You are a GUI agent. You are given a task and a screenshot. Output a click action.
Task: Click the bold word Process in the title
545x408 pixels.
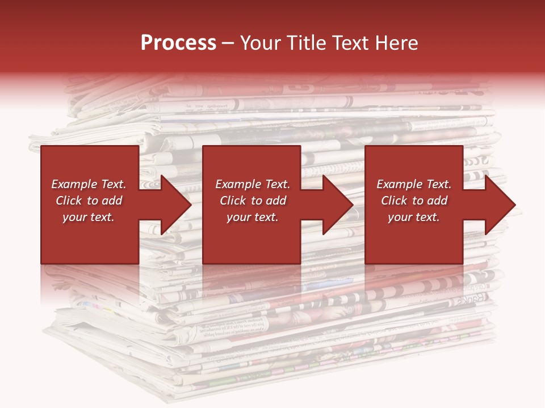178,43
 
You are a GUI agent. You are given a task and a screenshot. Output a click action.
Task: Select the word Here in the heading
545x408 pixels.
397,43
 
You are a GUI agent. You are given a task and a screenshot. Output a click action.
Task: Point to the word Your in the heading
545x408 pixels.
262,43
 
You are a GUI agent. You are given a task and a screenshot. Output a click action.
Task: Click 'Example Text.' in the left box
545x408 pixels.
89,184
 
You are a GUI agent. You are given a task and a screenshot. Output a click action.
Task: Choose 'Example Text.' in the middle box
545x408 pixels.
253,184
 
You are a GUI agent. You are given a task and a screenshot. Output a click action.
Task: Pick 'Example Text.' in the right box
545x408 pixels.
414,184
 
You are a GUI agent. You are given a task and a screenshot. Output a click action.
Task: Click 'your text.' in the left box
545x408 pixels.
89,217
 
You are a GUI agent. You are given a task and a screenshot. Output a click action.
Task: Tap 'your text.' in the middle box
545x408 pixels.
253,217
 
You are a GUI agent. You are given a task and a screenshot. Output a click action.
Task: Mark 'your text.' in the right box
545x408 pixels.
414,217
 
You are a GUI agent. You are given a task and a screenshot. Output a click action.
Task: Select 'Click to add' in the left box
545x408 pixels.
89,201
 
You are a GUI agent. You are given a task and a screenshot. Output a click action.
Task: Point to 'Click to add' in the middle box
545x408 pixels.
253,201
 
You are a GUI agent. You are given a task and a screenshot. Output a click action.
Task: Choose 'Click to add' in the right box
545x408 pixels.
414,201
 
